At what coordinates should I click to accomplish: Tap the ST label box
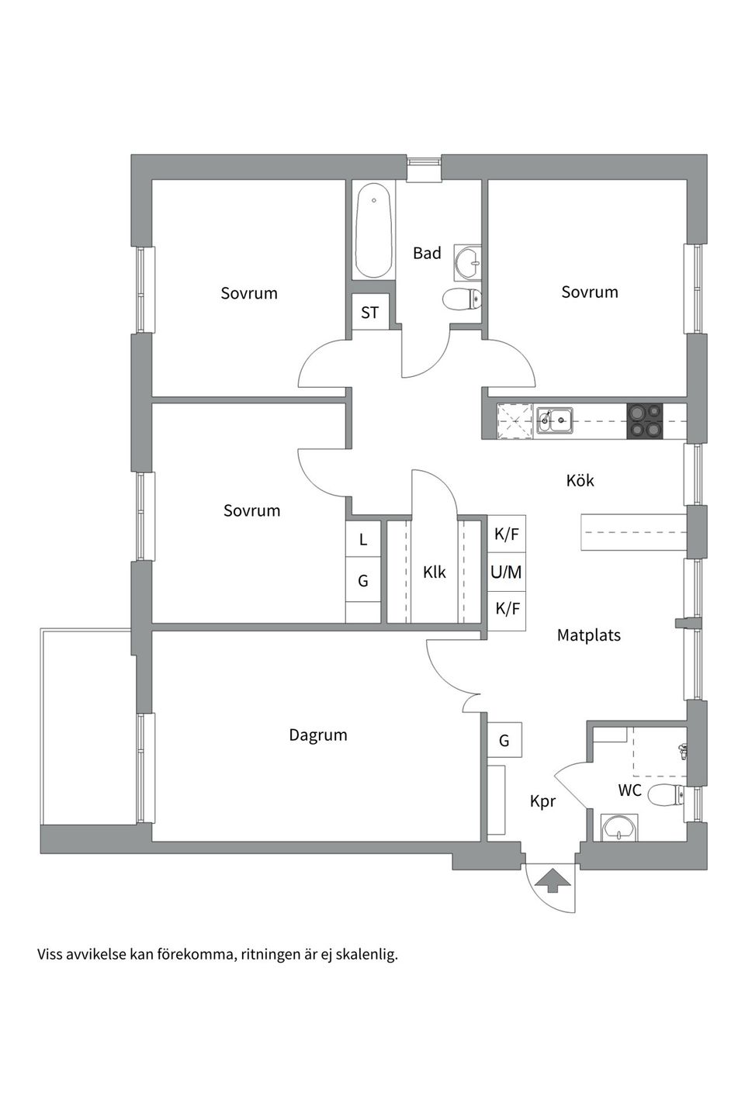370,313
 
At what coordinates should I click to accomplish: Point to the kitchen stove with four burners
645,421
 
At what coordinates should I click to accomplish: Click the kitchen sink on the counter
556,420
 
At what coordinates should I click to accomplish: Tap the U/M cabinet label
506,572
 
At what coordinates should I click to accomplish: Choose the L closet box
362,539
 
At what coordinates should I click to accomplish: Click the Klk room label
434,572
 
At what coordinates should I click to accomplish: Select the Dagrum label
318,735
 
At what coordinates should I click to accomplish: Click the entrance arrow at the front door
549,880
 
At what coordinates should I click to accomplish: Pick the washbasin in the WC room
619,828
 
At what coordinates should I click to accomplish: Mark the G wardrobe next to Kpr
504,741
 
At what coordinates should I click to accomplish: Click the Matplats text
589,635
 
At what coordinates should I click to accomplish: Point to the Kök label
580,481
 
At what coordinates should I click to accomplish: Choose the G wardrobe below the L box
362,581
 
